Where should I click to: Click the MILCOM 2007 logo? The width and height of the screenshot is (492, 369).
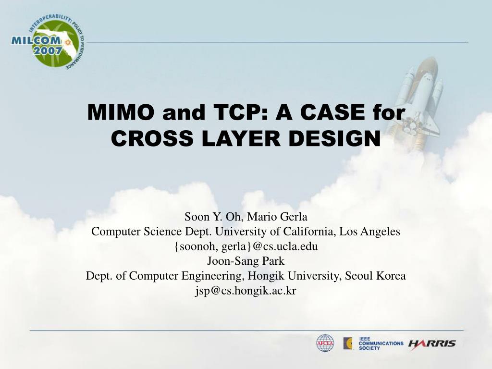coord(48,43)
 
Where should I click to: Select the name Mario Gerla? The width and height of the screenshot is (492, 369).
coord(277,217)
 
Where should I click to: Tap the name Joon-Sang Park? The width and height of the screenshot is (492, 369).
coord(246,261)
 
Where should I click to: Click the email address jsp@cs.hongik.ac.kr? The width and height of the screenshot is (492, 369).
coord(246,291)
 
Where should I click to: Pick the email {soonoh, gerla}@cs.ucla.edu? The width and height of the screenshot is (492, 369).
coord(246,246)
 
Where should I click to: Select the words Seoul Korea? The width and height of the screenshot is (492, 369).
coord(375,276)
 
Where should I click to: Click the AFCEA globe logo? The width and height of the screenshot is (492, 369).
coord(325,343)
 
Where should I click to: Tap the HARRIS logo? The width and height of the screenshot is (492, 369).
coord(432,344)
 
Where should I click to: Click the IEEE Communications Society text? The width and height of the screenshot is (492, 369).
coord(381,343)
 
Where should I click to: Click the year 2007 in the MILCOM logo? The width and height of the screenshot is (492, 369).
coord(48,50)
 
